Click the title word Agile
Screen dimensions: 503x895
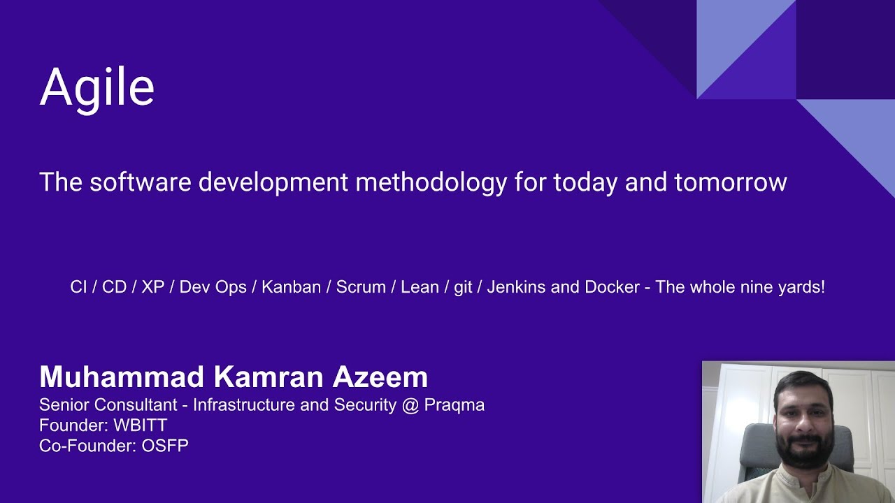96,88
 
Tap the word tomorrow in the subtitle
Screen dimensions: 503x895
731,182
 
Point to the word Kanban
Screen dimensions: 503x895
291,287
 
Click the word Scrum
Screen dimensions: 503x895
361,287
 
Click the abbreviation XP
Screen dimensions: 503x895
152,287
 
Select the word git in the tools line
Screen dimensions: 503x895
463,288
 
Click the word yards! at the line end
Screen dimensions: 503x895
803,287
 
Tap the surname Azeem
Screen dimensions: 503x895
380,377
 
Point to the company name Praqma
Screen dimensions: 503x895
454,404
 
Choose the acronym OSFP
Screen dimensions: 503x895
165,445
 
